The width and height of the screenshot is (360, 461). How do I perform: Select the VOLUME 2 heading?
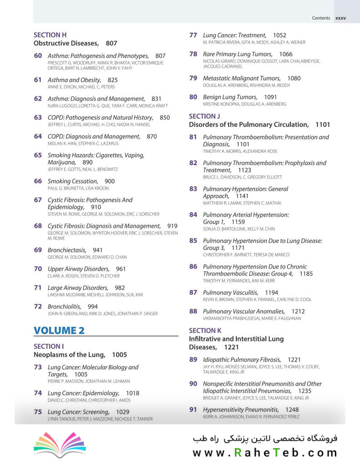pos(59,331)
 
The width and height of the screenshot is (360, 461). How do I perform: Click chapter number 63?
pos(38,117)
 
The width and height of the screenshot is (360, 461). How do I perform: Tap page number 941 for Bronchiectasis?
pos(98,250)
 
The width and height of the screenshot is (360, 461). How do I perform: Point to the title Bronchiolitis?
pos(65,306)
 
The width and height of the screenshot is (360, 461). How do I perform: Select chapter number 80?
pos(193,97)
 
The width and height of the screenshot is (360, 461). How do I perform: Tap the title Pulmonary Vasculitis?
pos(230,293)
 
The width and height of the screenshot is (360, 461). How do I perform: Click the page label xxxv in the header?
pos(340,18)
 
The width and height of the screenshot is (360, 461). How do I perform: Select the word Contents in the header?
pos(321,18)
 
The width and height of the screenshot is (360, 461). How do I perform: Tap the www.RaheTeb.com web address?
pos(265,452)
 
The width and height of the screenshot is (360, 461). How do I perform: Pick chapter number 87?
pos(193,293)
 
